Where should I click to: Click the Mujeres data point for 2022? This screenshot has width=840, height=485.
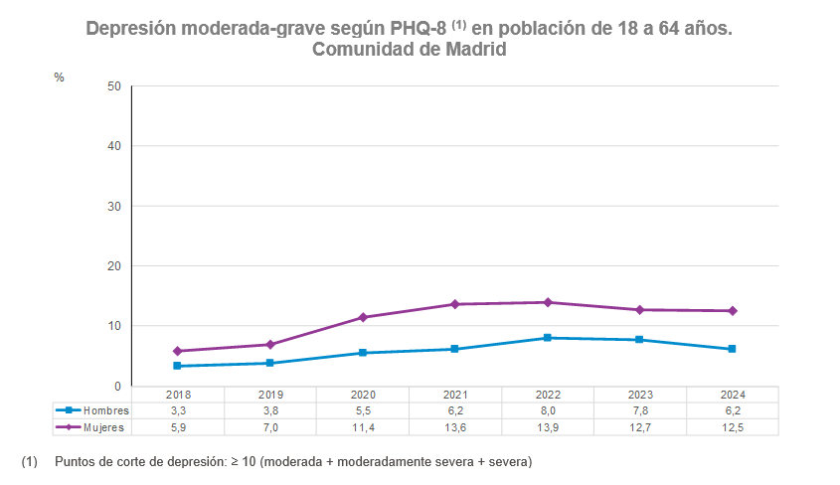(x=548, y=302)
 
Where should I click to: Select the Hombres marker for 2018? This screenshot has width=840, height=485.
(x=178, y=366)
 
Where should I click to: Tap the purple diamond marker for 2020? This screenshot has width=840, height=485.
(x=363, y=317)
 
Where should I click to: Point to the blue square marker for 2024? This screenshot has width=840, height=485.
(x=732, y=349)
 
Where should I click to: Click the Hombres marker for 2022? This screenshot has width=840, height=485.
(x=548, y=338)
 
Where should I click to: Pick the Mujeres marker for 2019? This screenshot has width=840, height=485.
(x=270, y=344)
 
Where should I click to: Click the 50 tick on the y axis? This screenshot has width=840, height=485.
(x=113, y=86)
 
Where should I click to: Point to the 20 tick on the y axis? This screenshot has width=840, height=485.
(x=113, y=266)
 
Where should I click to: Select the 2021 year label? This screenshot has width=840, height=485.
(x=455, y=395)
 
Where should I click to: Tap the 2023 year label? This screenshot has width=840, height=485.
(x=640, y=395)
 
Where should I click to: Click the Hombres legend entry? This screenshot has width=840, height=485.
(x=92, y=410)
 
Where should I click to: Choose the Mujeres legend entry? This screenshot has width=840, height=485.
(x=92, y=427)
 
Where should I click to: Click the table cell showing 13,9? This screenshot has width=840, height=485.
(x=548, y=427)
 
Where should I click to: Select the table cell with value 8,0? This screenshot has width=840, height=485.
(x=548, y=410)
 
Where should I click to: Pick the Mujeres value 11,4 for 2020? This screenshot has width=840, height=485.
(x=363, y=427)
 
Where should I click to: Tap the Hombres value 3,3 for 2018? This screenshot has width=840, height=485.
(x=178, y=410)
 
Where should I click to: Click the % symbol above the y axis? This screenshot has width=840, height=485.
(x=59, y=78)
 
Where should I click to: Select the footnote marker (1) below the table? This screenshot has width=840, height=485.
(x=29, y=462)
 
